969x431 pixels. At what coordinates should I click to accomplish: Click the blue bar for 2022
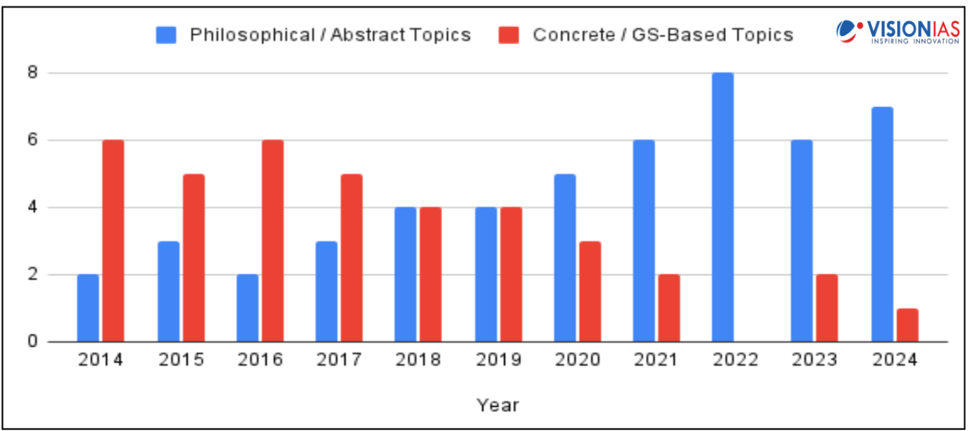point(723,207)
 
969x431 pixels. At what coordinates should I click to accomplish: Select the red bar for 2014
point(113,241)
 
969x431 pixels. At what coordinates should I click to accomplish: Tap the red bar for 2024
point(907,325)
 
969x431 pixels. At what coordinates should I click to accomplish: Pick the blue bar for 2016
point(247,308)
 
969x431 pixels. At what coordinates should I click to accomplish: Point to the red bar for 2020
point(590,291)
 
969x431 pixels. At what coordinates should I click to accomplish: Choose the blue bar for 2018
point(405,274)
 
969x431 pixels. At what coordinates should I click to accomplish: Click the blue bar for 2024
point(882,224)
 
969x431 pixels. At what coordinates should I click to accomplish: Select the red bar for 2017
point(351,258)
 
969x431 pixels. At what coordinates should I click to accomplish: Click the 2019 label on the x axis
point(498,360)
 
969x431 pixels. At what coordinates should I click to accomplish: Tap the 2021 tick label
point(656,360)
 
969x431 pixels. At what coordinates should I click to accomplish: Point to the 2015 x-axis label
point(181,360)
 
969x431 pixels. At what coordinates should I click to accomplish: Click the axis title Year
point(497,405)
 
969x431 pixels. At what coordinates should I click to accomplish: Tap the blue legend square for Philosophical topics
point(166,35)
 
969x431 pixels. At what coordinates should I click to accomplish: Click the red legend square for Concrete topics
point(508,35)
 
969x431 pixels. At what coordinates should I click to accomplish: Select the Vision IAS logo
point(897,31)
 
